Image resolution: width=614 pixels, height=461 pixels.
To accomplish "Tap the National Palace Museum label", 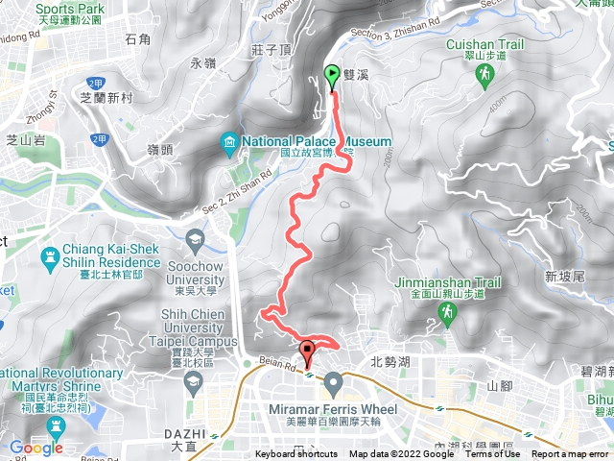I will [317, 142].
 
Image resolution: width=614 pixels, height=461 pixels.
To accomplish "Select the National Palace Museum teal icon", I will [230, 144].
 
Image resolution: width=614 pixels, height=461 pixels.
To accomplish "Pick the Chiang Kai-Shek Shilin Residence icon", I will [50, 256].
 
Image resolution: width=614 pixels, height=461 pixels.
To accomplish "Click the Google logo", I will [35, 448].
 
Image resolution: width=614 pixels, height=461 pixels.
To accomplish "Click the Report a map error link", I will [572, 454].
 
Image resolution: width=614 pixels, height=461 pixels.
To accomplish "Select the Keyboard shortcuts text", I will [296, 454].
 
